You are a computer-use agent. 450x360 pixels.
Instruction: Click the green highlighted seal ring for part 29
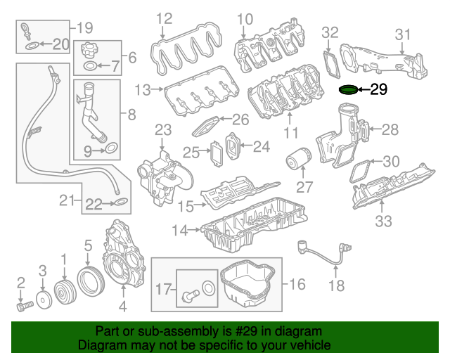click(348, 90)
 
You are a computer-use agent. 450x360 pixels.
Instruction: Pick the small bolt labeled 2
click(23, 307)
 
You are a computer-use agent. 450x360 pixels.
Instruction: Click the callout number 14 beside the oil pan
click(180, 230)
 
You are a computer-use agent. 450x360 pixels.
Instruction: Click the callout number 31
click(402, 34)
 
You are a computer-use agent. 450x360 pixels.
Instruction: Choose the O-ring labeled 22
click(120, 204)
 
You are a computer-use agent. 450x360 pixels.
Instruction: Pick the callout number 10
click(244, 18)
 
